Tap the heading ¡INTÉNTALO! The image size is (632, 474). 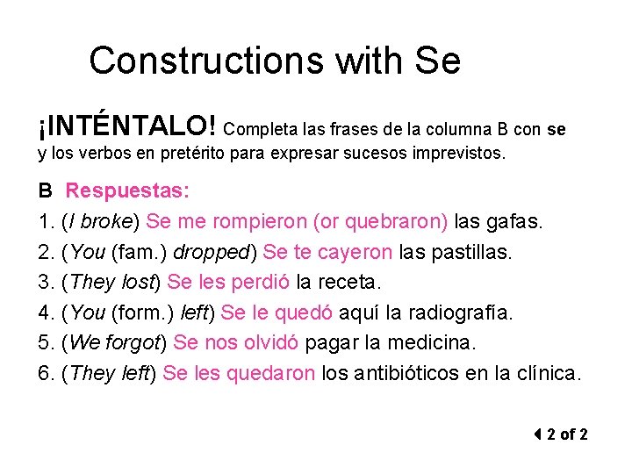[x=128, y=128]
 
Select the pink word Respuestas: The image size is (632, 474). [x=127, y=190]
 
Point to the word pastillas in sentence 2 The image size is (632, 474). [x=467, y=252]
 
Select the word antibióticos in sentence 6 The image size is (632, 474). [x=411, y=374]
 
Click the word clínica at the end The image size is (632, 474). [x=546, y=374]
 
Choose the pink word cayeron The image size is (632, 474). [x=355, y=252]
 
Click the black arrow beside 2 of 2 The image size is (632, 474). [x=537, y=434]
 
